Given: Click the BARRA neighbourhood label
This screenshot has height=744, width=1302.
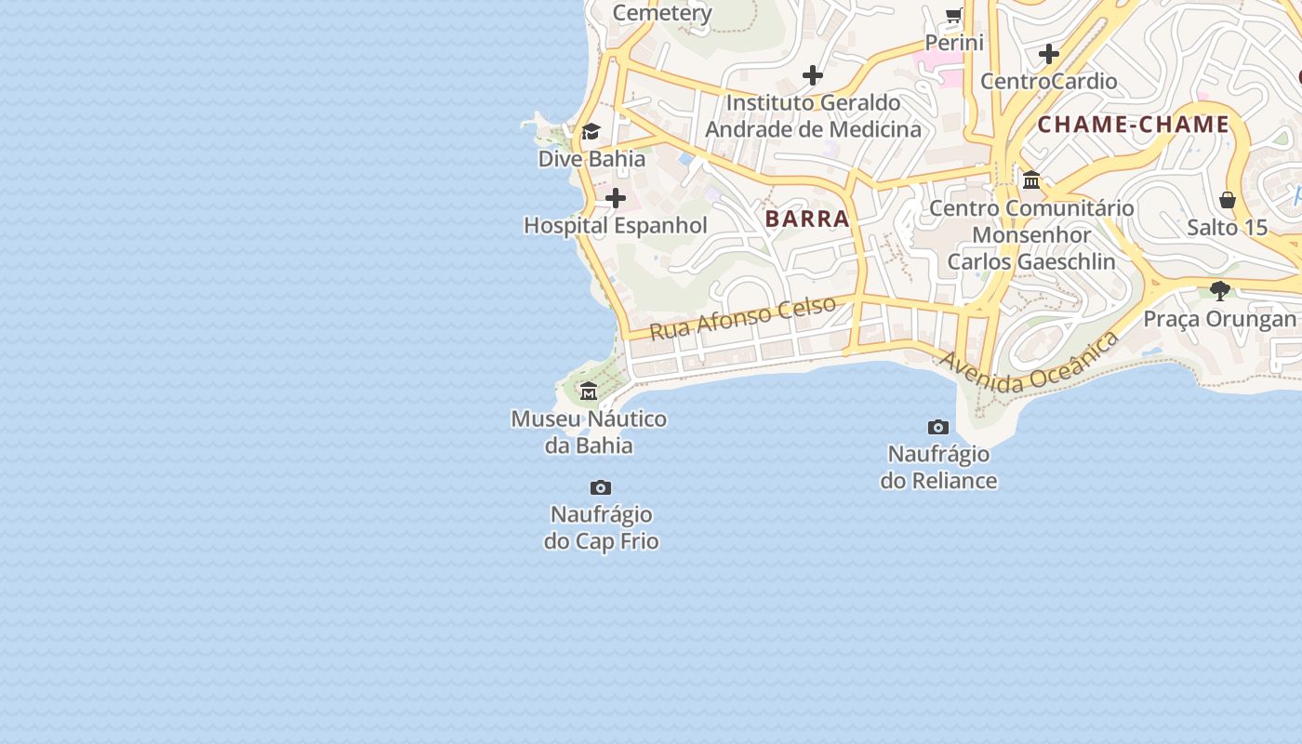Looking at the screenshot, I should (807, 219).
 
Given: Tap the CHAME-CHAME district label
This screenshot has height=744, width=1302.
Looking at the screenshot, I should (1133, 125).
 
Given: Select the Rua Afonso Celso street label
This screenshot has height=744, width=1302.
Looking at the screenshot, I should (742, 318).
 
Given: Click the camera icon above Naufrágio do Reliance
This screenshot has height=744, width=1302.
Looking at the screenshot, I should (938, 427).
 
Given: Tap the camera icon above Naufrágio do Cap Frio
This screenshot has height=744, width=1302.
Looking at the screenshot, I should (601, 487).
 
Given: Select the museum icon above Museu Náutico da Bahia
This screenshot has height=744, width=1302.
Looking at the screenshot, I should (589, 391).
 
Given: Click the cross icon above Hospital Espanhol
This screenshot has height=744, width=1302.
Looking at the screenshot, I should (616, 198).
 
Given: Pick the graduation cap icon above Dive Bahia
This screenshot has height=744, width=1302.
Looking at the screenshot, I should (591, 131).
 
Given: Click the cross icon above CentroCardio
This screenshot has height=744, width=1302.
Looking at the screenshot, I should (1049, 54).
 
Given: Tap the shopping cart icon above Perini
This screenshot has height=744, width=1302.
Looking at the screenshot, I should (954, 15).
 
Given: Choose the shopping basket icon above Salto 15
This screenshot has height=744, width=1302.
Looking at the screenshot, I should (1228, 200).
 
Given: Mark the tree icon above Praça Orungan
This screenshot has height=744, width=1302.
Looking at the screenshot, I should (1220, 291).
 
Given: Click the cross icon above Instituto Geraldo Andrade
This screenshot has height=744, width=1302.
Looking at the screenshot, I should (813, 74).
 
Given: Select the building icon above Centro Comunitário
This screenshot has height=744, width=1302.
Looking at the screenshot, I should (1031, 179).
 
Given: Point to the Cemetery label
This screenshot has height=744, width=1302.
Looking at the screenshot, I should (662, 13).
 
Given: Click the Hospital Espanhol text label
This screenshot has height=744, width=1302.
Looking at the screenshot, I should (616, 226).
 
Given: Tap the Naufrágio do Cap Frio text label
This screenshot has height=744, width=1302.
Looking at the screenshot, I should (602, 527).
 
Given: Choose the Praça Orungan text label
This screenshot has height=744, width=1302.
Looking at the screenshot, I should (1219, 319).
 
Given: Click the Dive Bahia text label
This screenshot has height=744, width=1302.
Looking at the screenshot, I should (591, 159).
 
